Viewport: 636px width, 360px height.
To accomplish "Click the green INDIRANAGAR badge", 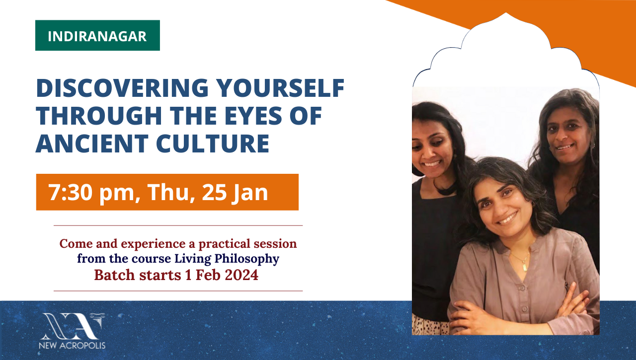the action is pos(97,35).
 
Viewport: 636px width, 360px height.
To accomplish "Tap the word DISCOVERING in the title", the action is pos(122,88).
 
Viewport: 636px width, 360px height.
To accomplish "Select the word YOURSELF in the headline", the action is pos(280,88).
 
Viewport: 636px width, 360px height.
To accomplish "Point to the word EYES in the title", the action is pos(253,116).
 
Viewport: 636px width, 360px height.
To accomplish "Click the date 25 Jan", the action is pos(235,193).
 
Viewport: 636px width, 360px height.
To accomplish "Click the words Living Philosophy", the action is pos(227,259).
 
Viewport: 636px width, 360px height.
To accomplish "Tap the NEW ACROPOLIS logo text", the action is pos(72,346).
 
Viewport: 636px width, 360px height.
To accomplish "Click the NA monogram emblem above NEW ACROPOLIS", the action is pos(73,326).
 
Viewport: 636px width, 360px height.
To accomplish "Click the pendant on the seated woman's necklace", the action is pos(525,267).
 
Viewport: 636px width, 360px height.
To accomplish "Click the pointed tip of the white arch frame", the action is pos(506,13).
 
